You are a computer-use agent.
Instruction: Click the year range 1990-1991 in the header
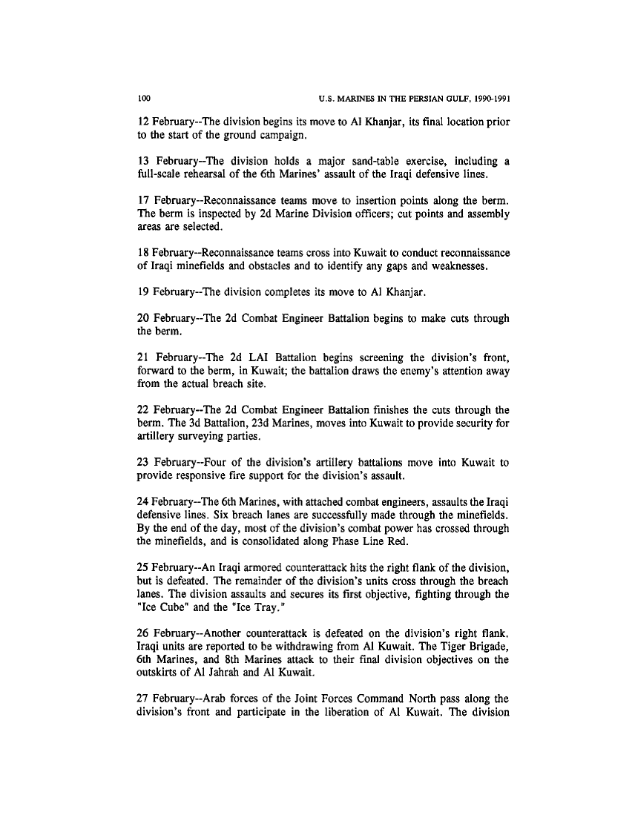click(487, 98)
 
